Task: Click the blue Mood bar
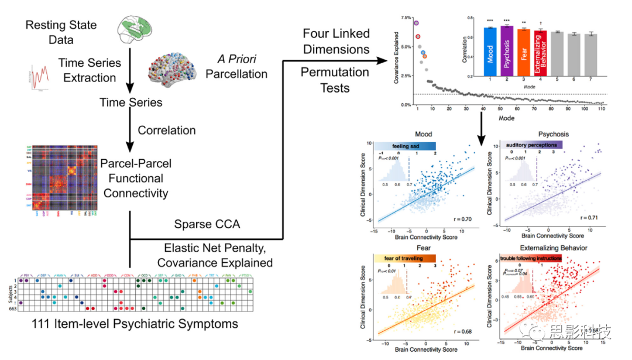point(490,52)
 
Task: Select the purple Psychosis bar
point(507,52)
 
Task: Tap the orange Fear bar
point(524,53)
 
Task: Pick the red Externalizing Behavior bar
point(541,53)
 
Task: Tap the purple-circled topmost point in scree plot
point(417,23)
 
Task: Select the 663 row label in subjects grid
point(10,308)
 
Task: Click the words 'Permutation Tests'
point(335,80)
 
